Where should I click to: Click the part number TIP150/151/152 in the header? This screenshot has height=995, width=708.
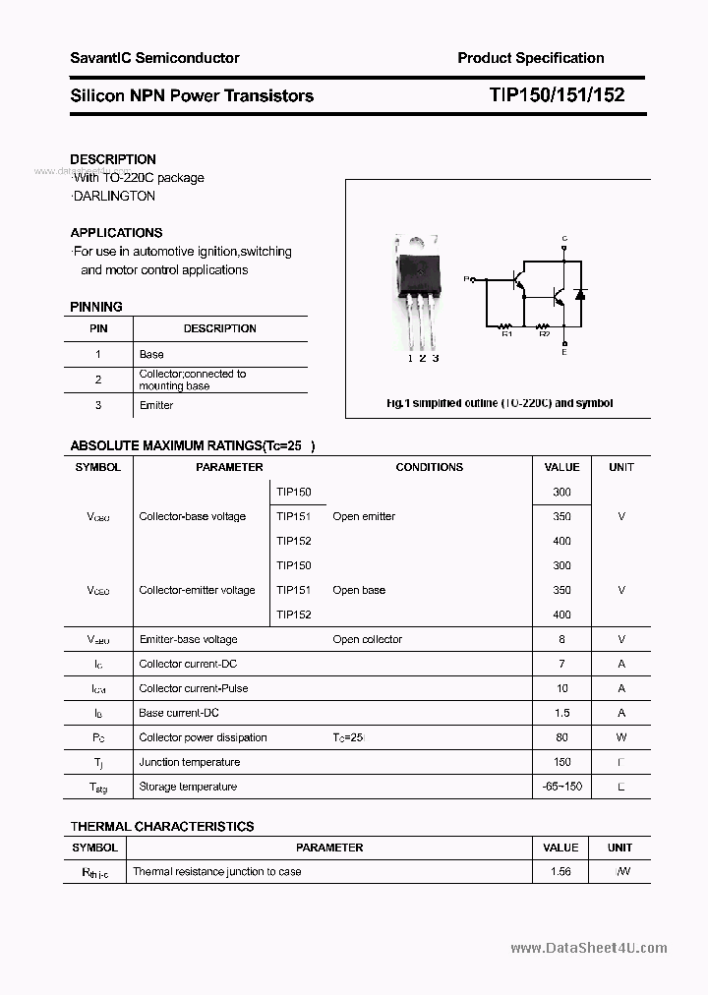point(556,95)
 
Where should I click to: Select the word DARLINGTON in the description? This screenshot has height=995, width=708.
point(113,196)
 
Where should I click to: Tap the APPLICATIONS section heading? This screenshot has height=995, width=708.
point(116,233)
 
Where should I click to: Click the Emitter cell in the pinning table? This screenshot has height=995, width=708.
point(156,405)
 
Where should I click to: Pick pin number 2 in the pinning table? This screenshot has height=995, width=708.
point(98,380)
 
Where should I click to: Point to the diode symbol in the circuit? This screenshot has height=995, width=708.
point(579,294)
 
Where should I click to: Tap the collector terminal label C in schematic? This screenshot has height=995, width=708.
point(563,239)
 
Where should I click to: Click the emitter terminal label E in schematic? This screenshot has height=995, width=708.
point(563,351)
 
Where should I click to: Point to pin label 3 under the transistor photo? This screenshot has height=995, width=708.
point(436,359)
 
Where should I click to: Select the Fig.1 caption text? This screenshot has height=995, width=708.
point(499,403)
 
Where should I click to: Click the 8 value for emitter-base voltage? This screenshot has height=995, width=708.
point(561,639)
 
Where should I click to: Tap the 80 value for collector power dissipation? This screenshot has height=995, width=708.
point(561,737)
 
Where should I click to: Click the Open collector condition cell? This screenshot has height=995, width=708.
point(367,639)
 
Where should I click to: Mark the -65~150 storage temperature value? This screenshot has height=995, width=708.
point(561,787)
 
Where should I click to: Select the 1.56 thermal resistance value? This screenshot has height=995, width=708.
point(561,871)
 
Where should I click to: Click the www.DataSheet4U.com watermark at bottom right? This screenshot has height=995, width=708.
point(589,948)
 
